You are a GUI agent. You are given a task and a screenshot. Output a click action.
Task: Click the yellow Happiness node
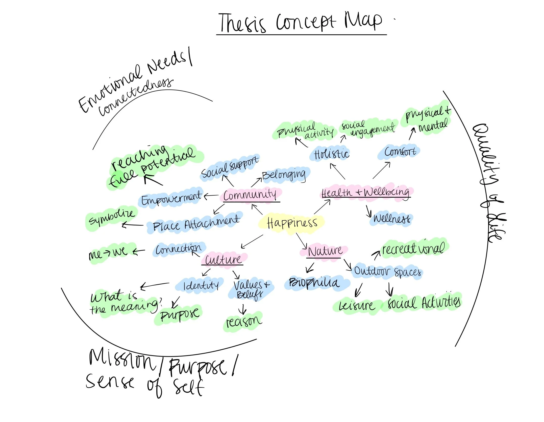click(292, 223)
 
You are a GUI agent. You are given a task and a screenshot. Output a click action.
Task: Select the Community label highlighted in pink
click(250, 195)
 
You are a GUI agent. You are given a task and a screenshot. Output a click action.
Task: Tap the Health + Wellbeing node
click(365, 193)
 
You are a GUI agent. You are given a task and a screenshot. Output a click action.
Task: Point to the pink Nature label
click(325, 251)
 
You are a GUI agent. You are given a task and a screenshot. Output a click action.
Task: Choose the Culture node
click(223, 260)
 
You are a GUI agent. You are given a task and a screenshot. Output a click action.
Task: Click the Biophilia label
click(314, 283)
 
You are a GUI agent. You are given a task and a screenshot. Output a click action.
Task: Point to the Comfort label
click(400, 152)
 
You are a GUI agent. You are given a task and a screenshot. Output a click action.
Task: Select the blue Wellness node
click(391, 219)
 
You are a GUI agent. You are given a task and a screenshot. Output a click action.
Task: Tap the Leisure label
click(356, 306)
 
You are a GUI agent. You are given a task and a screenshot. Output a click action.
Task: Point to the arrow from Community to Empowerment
click(211, 196)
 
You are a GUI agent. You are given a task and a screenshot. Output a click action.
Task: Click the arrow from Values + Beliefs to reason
click(243, 309)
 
